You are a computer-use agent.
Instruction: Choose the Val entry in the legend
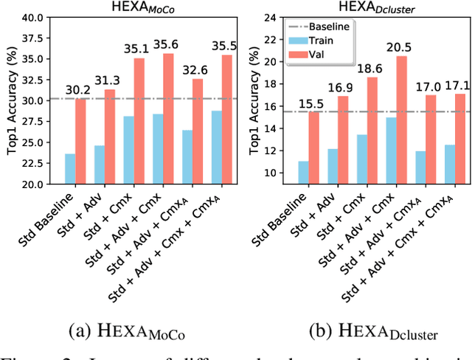click(x=302, y=52)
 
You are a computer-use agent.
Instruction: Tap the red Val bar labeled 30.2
click(x=80, y=141)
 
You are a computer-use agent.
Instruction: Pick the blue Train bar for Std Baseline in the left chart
click(x=70, y=168)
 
